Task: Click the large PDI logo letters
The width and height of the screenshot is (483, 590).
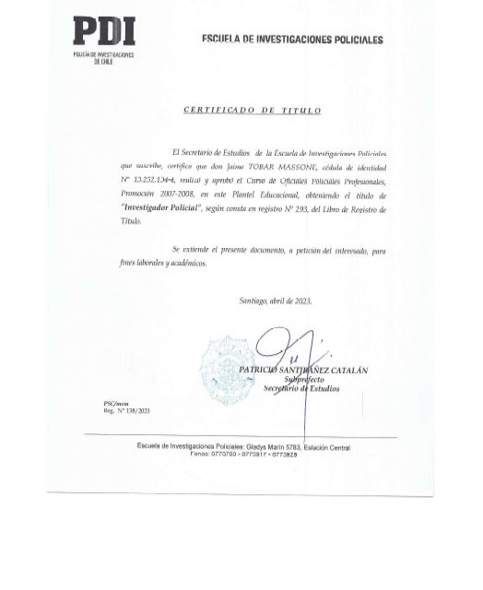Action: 103,32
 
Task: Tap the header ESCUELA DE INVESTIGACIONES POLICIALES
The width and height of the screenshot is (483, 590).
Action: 292,40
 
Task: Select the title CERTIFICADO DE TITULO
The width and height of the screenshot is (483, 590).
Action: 252,111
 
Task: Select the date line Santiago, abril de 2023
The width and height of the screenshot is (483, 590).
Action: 276,301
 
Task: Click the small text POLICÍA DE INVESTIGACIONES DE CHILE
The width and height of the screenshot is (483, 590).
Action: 103,58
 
